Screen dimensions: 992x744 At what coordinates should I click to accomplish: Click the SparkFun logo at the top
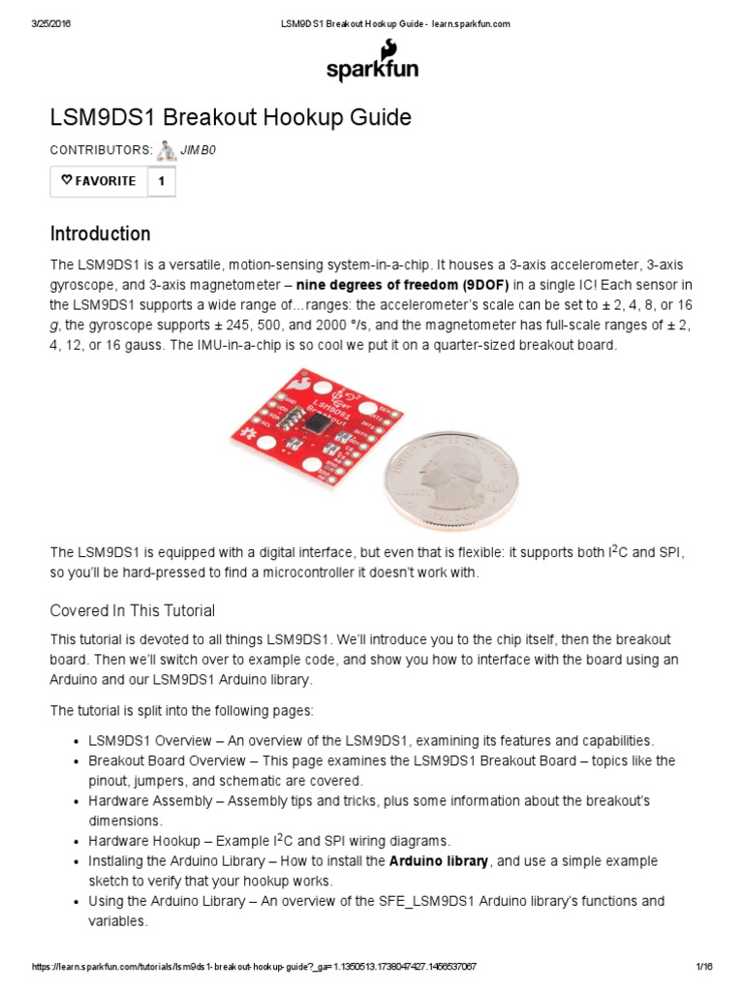[372, 63]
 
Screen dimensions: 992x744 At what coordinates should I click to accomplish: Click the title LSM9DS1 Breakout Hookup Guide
[231, 117]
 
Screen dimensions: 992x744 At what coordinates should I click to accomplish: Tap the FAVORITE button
[99, 181]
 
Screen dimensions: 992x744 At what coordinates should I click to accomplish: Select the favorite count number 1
[162, 181]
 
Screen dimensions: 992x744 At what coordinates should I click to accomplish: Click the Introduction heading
[100, 233]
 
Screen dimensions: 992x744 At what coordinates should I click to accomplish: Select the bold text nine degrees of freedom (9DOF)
[402, 285]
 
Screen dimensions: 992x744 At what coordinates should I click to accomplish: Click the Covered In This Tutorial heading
[133, 610]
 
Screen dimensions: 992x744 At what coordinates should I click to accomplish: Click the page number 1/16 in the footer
[704, 968]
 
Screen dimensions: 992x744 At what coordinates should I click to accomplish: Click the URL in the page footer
[254, 968]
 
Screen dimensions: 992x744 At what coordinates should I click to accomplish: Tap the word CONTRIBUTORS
[101, 150]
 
